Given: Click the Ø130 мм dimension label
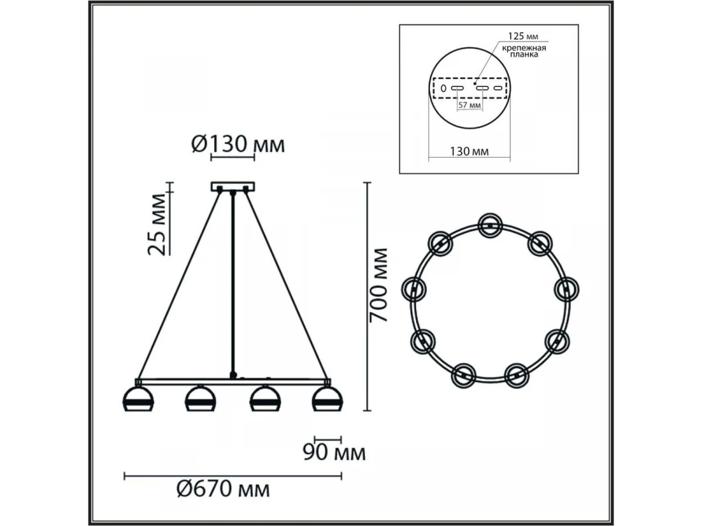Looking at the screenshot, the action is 238,144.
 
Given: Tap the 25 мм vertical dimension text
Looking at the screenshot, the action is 157,224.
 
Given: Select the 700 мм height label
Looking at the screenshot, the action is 378,285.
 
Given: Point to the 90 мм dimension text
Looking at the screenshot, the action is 334,452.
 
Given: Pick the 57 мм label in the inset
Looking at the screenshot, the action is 470,105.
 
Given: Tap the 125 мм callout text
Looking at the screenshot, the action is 523,36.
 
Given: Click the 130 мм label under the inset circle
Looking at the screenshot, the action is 470,151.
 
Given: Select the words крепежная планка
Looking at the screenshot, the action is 524,51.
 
